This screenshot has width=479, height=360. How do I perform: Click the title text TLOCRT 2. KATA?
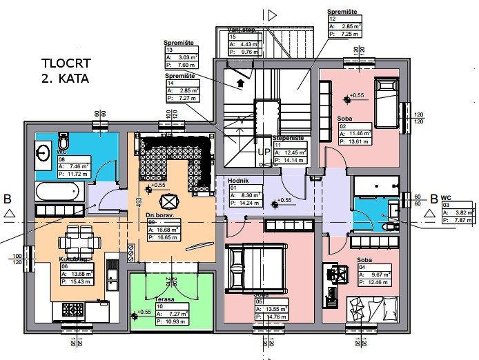pos(66,70)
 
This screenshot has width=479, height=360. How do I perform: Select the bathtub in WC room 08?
pos(58,190)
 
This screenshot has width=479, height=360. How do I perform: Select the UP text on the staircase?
pos(264,150)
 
